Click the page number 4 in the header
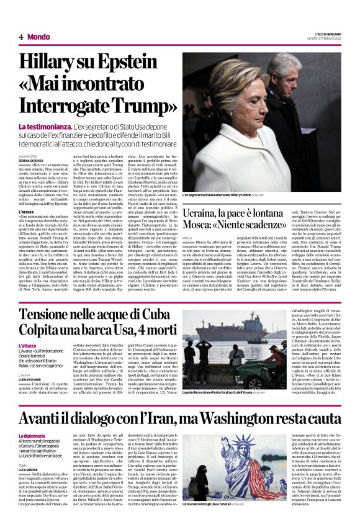coord(20,37)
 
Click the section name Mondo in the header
coord(38,37)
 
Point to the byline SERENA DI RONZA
coord(34,161)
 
